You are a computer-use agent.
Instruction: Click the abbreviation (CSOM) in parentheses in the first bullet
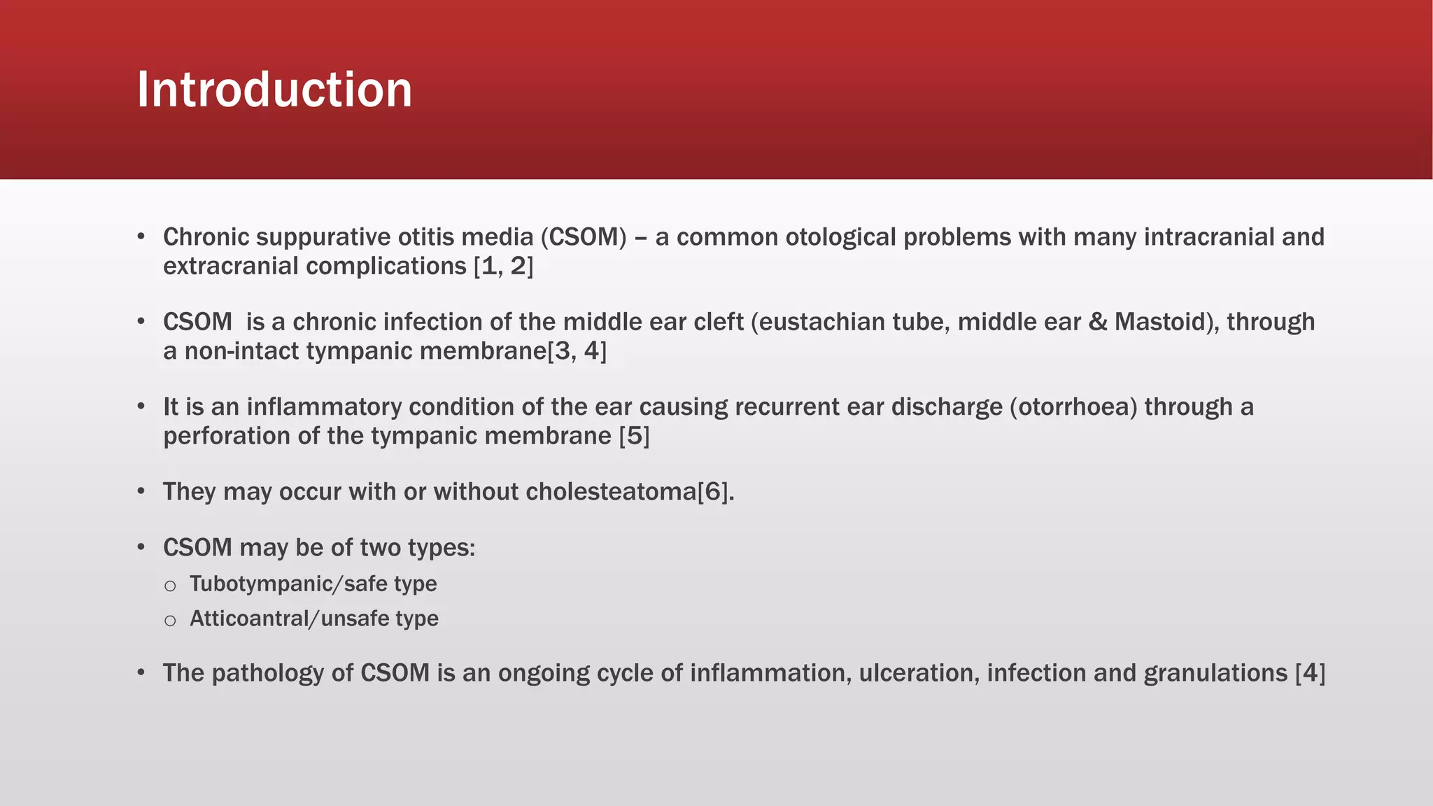584,237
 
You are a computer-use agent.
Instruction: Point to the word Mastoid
1161,322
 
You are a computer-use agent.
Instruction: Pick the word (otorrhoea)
1073,406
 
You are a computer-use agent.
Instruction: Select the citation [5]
634,436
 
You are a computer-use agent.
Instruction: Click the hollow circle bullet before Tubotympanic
170,586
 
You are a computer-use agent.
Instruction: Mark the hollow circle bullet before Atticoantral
170,621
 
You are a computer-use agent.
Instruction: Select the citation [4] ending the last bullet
1310,673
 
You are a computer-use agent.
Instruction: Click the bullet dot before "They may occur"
141,491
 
